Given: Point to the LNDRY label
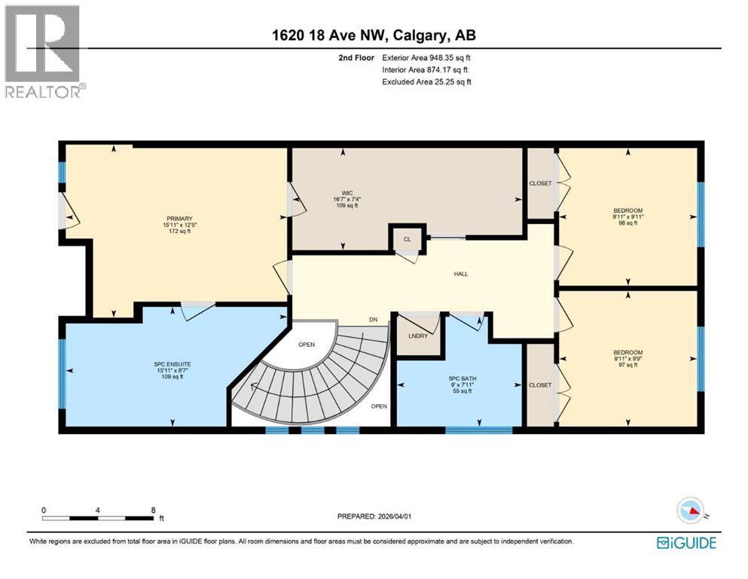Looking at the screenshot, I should click(x=417, y=335).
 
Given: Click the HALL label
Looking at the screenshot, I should click(x=460, y=274).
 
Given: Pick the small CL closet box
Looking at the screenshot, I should click(x=407, y=239).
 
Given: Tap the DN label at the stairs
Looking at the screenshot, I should click(x=373, y=320).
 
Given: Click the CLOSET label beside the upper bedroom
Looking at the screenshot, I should click(x=540, y=183).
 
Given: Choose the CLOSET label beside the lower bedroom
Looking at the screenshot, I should click(x=540, y=384).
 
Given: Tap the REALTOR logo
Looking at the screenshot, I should click(x=44, y=51).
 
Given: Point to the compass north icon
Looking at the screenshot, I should click(x=691, y=510).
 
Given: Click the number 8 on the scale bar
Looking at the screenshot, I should click(x=154, y=510).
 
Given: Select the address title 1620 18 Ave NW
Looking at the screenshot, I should click(x=374, y=35).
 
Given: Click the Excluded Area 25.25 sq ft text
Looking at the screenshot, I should click(x=426, y=81).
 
